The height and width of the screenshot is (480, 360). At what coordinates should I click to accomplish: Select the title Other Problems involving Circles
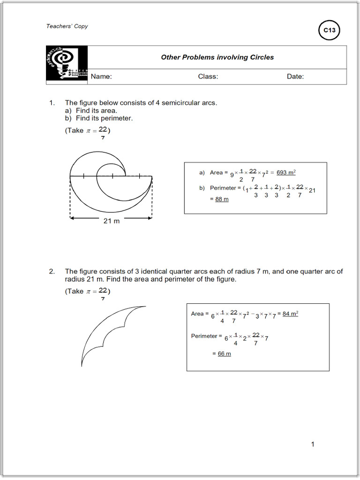click(x=217, y=57)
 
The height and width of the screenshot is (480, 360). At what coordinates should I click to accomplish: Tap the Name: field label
click(x=101, y=76)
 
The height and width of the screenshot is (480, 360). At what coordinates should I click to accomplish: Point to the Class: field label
click(x=208, y=76)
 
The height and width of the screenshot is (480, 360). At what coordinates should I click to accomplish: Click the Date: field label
click(x=295, y=76)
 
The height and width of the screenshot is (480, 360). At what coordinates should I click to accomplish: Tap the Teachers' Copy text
click(x=67, y=26)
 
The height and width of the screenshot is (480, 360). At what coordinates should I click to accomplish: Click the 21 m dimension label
click(x=112, y=221)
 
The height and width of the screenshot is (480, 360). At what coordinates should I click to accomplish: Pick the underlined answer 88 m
click(x=222, y=199)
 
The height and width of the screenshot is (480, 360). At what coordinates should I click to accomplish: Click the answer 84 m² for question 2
click(x=290, y=314)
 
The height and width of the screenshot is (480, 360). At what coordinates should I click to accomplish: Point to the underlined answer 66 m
click(x=225, y=353)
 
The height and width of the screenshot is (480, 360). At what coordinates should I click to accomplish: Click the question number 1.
click(x=52, y=103)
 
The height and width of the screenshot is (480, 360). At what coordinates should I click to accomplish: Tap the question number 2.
click(x=52, y=271)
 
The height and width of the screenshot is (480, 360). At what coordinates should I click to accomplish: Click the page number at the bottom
click(x=313, y=444)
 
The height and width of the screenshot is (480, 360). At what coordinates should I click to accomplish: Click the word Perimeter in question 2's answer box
click(x=204, y=336)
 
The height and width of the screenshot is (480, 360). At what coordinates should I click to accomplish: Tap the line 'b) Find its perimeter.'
click(x=99, y=119)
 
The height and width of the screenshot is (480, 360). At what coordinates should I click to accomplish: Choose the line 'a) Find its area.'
click(x=91, y=111)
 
